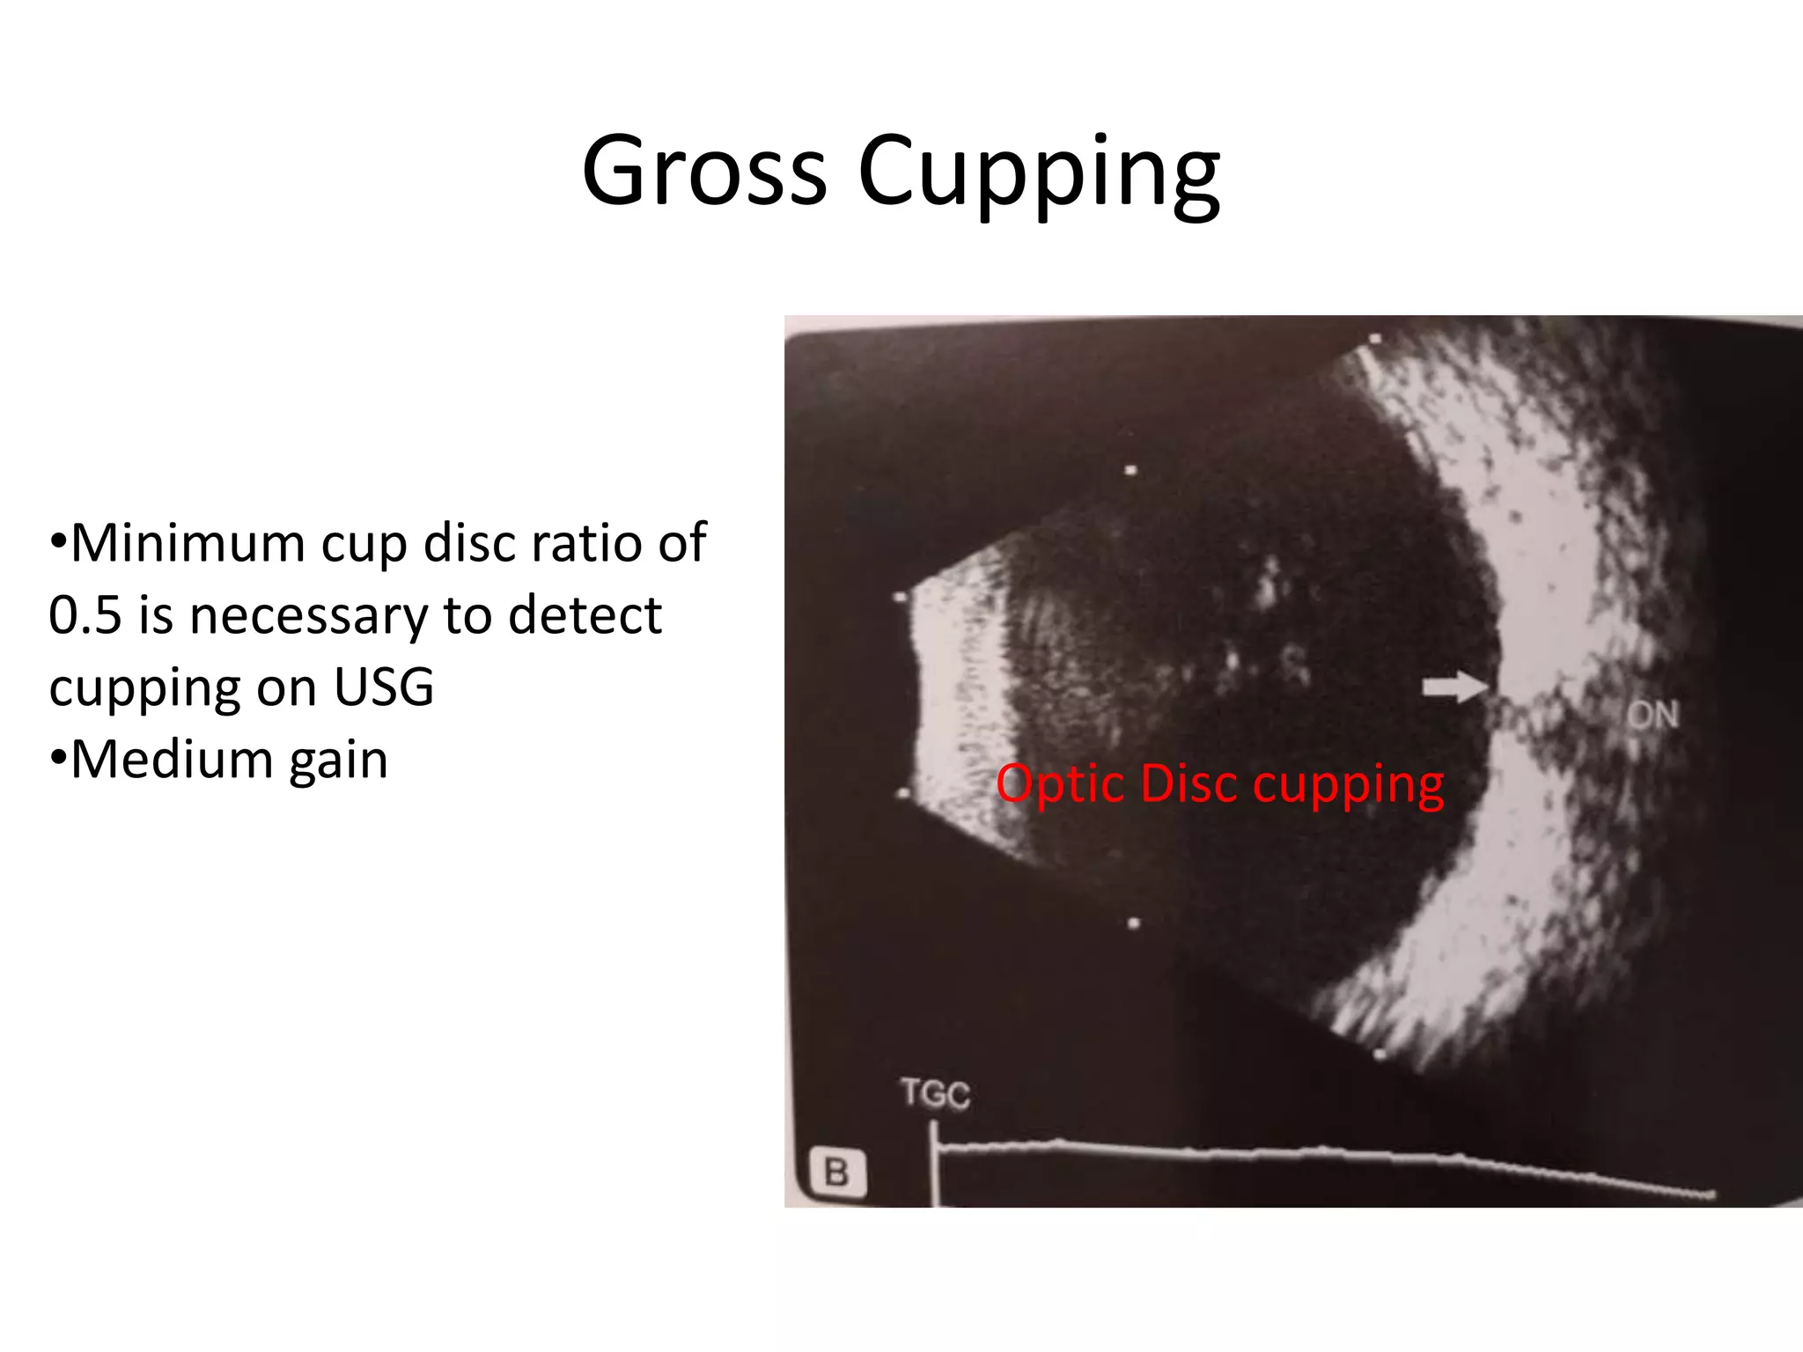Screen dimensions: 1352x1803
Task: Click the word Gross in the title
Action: pyautogui.click(x=704, y=171)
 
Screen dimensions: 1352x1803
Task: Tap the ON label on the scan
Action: pyautogui.click(x=1652, y=716)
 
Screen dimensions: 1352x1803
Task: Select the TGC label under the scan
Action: pyautogui.click(x=935, y=1094)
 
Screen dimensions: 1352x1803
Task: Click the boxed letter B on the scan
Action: pyautogui.click(x=836, y=1172)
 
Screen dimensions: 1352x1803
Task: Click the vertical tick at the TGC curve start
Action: pyautogui.click(x=933, y=1162)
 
